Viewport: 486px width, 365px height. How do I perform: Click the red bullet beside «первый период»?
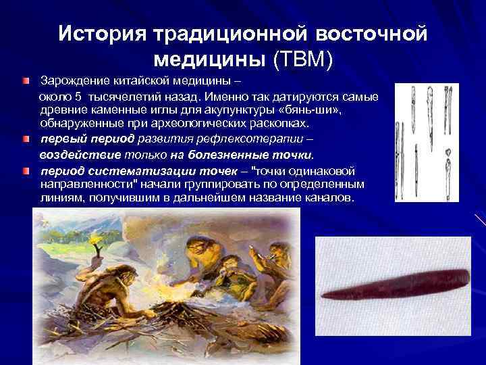click(x=24, y=139)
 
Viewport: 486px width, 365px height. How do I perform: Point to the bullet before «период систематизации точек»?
click(x=24, y=172)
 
